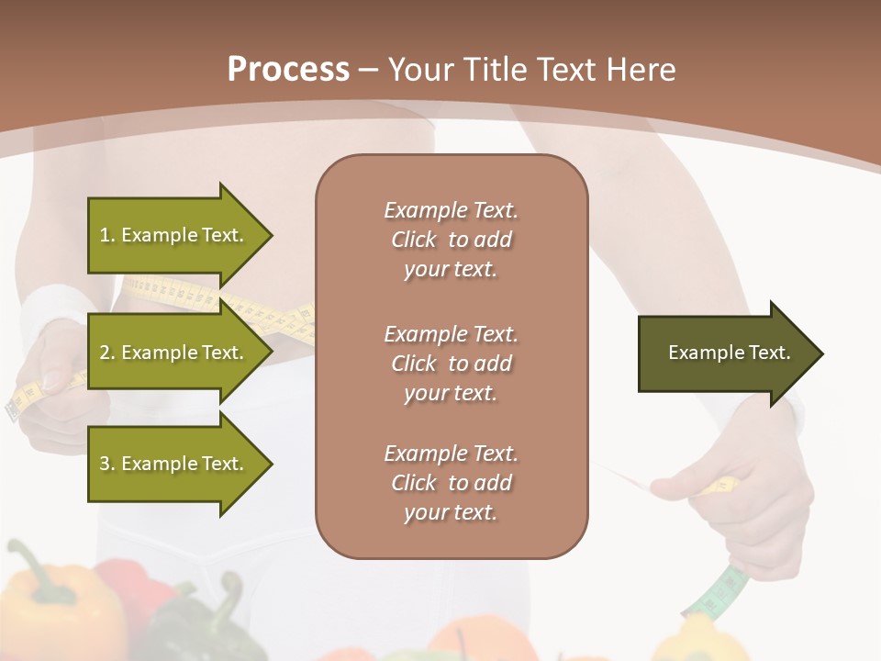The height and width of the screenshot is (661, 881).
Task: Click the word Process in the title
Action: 288,70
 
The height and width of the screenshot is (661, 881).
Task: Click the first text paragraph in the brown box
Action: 451,240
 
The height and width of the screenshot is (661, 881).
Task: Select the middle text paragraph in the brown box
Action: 451,364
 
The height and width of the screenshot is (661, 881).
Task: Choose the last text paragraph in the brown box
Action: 451,483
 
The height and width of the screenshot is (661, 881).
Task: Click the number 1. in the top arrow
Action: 107,235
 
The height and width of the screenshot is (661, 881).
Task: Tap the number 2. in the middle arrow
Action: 107,353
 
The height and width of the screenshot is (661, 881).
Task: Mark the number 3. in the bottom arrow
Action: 107,464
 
